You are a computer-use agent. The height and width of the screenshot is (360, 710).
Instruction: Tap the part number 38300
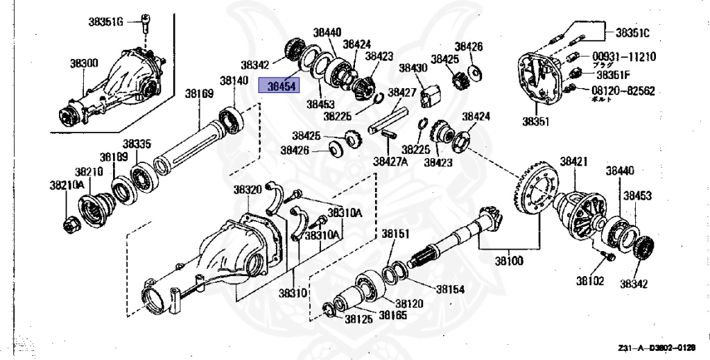[84, 63]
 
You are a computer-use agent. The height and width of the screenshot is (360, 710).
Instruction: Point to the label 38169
[198, 93]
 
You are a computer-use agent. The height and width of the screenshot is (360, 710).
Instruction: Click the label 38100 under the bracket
[509, 262]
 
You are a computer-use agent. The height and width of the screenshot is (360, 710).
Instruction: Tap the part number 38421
[573, 162]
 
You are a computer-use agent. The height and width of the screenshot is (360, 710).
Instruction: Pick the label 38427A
[392, 161]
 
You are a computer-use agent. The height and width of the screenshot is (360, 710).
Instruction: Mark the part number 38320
[248, 190]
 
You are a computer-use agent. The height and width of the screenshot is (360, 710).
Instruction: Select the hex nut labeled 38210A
[72, 224]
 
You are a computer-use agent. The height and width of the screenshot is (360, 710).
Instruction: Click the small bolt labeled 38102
[608, 257]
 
